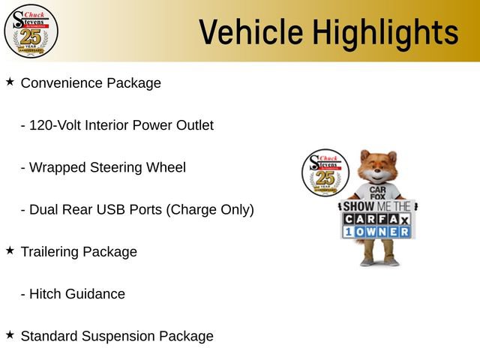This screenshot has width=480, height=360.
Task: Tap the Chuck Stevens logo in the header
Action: point(31,30)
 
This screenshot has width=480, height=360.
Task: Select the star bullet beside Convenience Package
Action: point(10,81)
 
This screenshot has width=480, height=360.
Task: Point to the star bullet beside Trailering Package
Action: point(10,250)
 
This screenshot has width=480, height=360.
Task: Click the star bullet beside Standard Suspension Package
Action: point(10,334)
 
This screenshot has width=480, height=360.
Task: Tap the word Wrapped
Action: point(57,167)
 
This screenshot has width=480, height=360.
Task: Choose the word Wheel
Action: point(166,167)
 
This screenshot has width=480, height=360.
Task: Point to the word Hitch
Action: point(46,294)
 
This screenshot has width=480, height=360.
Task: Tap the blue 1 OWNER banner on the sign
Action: point(378,232)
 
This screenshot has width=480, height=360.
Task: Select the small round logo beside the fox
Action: point(324,173)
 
